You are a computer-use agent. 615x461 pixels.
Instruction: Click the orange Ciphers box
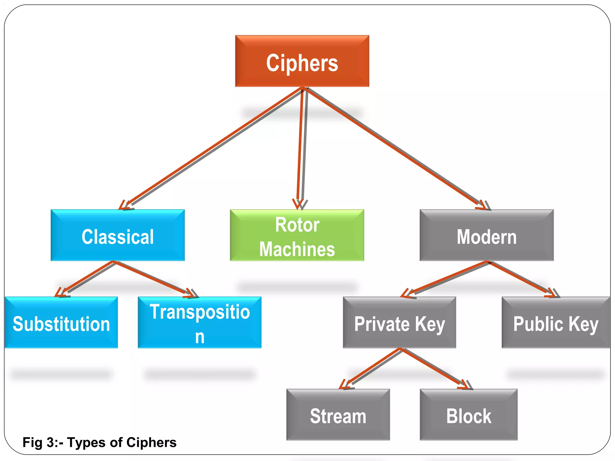point(302,61)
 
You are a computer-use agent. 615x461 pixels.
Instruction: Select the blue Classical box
point(118,235)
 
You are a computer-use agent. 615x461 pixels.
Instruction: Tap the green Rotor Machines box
point(297,235)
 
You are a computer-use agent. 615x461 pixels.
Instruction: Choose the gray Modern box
point(486,235)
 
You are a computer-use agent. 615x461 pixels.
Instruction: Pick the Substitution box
point(61,323)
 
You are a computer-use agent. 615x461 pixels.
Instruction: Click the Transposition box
point(199,323)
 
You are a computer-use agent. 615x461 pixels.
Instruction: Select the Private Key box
point(399,323)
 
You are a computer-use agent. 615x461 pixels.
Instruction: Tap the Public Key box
point(556,323)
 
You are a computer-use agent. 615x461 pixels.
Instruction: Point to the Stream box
point(338,415)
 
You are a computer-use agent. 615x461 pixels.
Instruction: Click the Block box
point(468,415)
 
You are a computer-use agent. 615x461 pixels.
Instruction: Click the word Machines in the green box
point(297,249)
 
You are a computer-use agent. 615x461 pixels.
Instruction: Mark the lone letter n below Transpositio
point(200,337)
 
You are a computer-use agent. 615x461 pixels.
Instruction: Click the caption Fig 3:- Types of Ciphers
point(99,442)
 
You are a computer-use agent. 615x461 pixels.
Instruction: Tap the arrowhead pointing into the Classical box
point(124,205)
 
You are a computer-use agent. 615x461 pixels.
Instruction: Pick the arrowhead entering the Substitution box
point(60,293)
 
